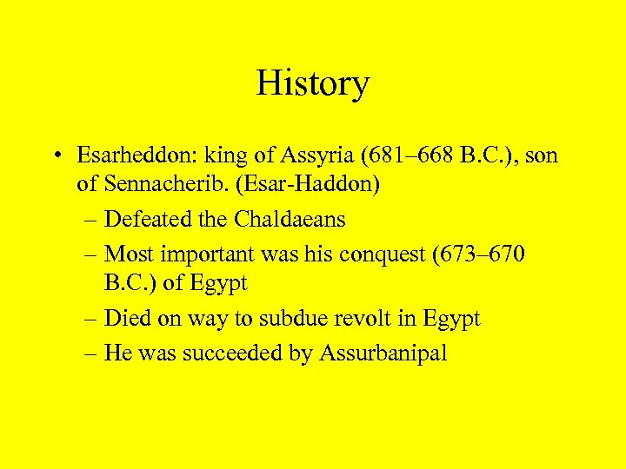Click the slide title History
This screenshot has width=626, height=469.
313,84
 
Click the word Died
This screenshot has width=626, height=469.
125,318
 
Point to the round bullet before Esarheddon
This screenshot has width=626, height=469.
56,157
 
